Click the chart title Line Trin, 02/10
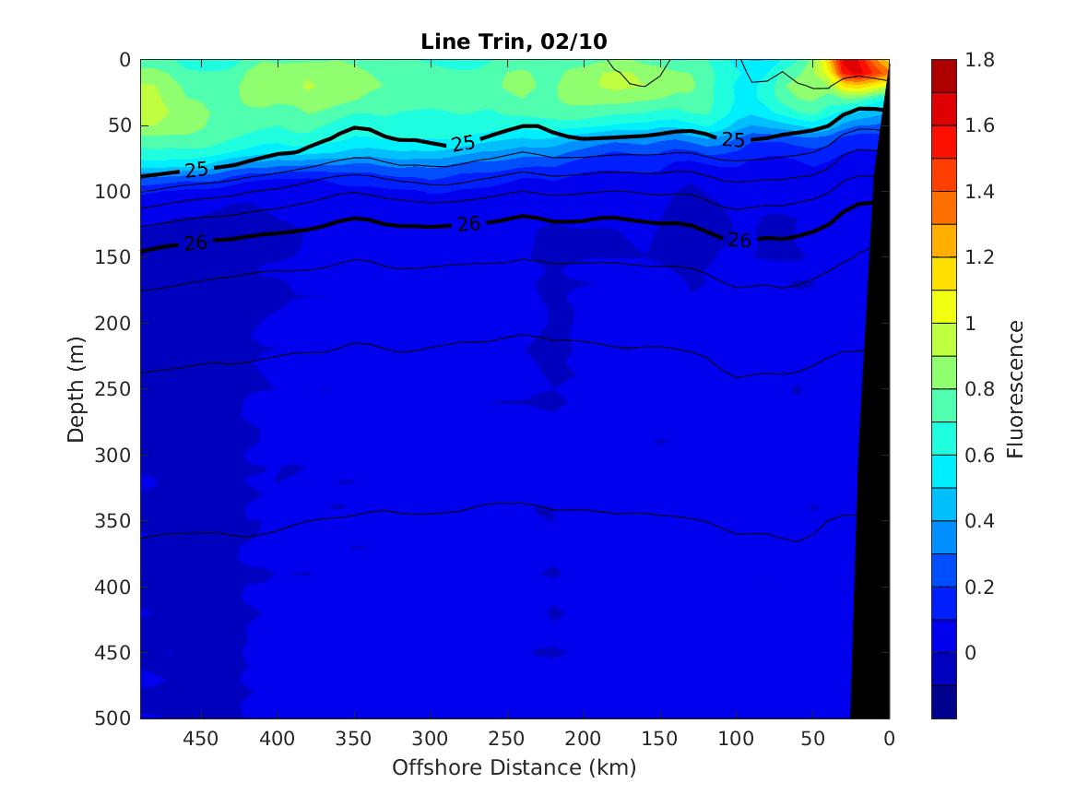[514, 42]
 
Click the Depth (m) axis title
[77, 388]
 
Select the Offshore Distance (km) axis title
[514, 767]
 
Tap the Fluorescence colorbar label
[1015, 388]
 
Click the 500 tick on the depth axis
[115, 718]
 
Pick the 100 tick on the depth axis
[115, 192]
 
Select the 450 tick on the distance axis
[200, 740]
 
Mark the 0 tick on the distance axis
[889, 740]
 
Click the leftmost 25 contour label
[196, 170]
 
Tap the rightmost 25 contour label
[733, 140]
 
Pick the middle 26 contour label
[469, 223]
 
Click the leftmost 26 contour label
[195, 243]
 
